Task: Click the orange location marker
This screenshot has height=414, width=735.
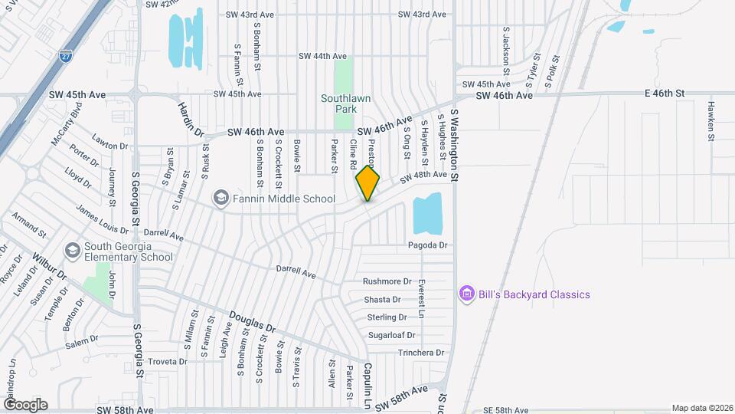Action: pos(367,182)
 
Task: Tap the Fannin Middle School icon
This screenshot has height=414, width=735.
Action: pos(221,199)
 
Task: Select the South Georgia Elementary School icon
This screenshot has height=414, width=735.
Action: pos(72,251)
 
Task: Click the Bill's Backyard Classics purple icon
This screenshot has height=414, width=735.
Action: pos(465,294)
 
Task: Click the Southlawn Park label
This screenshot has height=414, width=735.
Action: pos(338,103)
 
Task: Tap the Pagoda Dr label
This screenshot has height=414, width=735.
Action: pos(427,245)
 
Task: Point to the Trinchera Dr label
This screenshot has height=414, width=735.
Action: pos(420,353)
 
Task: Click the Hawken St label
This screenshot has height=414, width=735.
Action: pos(711,120)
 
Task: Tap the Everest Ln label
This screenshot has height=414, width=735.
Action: pos(422,299)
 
